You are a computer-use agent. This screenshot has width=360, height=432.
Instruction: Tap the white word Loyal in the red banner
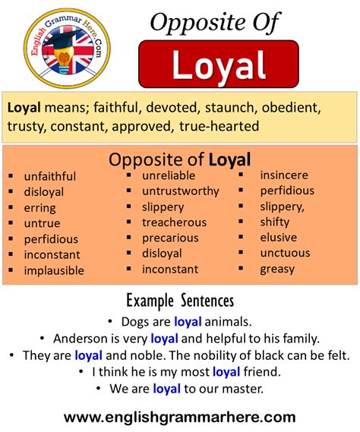click(x=218, y=65)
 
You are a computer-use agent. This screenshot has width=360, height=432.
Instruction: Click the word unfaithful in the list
click(x=50, y=176)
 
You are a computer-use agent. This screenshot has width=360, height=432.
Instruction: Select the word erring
click(x=39, y=207)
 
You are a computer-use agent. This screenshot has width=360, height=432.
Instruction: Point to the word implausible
click(x=54, y=270)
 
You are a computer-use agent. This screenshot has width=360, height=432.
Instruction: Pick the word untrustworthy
click(x=180, y=191)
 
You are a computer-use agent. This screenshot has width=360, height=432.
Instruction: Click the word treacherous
click(x=174, y=222)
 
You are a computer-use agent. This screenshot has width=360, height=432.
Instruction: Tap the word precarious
click(x=171, y=238)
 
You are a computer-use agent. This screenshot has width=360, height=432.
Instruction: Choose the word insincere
click(x=285, y=175)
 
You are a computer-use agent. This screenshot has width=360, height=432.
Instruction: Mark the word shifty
click(x=274, y=222)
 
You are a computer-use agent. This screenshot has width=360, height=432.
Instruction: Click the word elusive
click(x=278, y=238)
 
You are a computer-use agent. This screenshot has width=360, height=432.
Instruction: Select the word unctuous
click(x=285, y=253)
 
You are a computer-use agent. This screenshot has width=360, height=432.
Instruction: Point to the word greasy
click(x=277, y=268)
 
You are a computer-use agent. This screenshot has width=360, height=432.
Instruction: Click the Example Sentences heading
click(x=179, y=300)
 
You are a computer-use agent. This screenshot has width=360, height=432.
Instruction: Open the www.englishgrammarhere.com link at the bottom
click(x=179, y=416)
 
